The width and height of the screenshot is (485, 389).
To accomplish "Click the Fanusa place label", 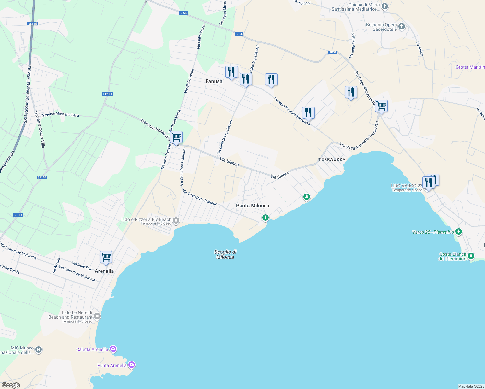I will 214,81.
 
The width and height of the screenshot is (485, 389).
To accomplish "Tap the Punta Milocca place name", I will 253,206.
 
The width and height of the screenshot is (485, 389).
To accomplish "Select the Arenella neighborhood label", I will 104,271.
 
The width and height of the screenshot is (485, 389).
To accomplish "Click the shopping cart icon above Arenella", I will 106,257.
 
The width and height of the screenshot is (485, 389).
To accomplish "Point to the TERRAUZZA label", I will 332,159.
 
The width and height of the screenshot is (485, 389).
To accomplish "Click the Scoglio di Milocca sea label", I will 225,254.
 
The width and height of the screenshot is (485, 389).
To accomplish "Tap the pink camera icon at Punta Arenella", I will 132,365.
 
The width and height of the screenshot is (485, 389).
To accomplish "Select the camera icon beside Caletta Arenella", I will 113,349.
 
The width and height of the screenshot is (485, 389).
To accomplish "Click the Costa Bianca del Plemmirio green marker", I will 471,256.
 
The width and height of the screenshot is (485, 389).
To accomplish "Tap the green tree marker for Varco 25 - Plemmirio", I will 458,232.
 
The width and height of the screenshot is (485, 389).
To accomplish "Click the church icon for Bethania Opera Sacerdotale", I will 402,27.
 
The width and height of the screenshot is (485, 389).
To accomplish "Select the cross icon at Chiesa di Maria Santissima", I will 385,6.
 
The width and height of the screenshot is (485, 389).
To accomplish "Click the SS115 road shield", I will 33,24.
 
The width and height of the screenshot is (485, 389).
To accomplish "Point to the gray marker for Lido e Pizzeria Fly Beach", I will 176,221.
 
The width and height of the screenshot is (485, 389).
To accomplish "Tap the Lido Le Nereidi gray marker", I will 97,316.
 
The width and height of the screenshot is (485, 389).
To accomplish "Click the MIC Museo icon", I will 39,350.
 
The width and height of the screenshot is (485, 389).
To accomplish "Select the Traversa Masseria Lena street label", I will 60,115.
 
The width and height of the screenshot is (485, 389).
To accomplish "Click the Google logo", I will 11,385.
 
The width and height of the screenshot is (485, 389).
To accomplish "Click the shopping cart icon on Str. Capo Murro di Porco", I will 381,106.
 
